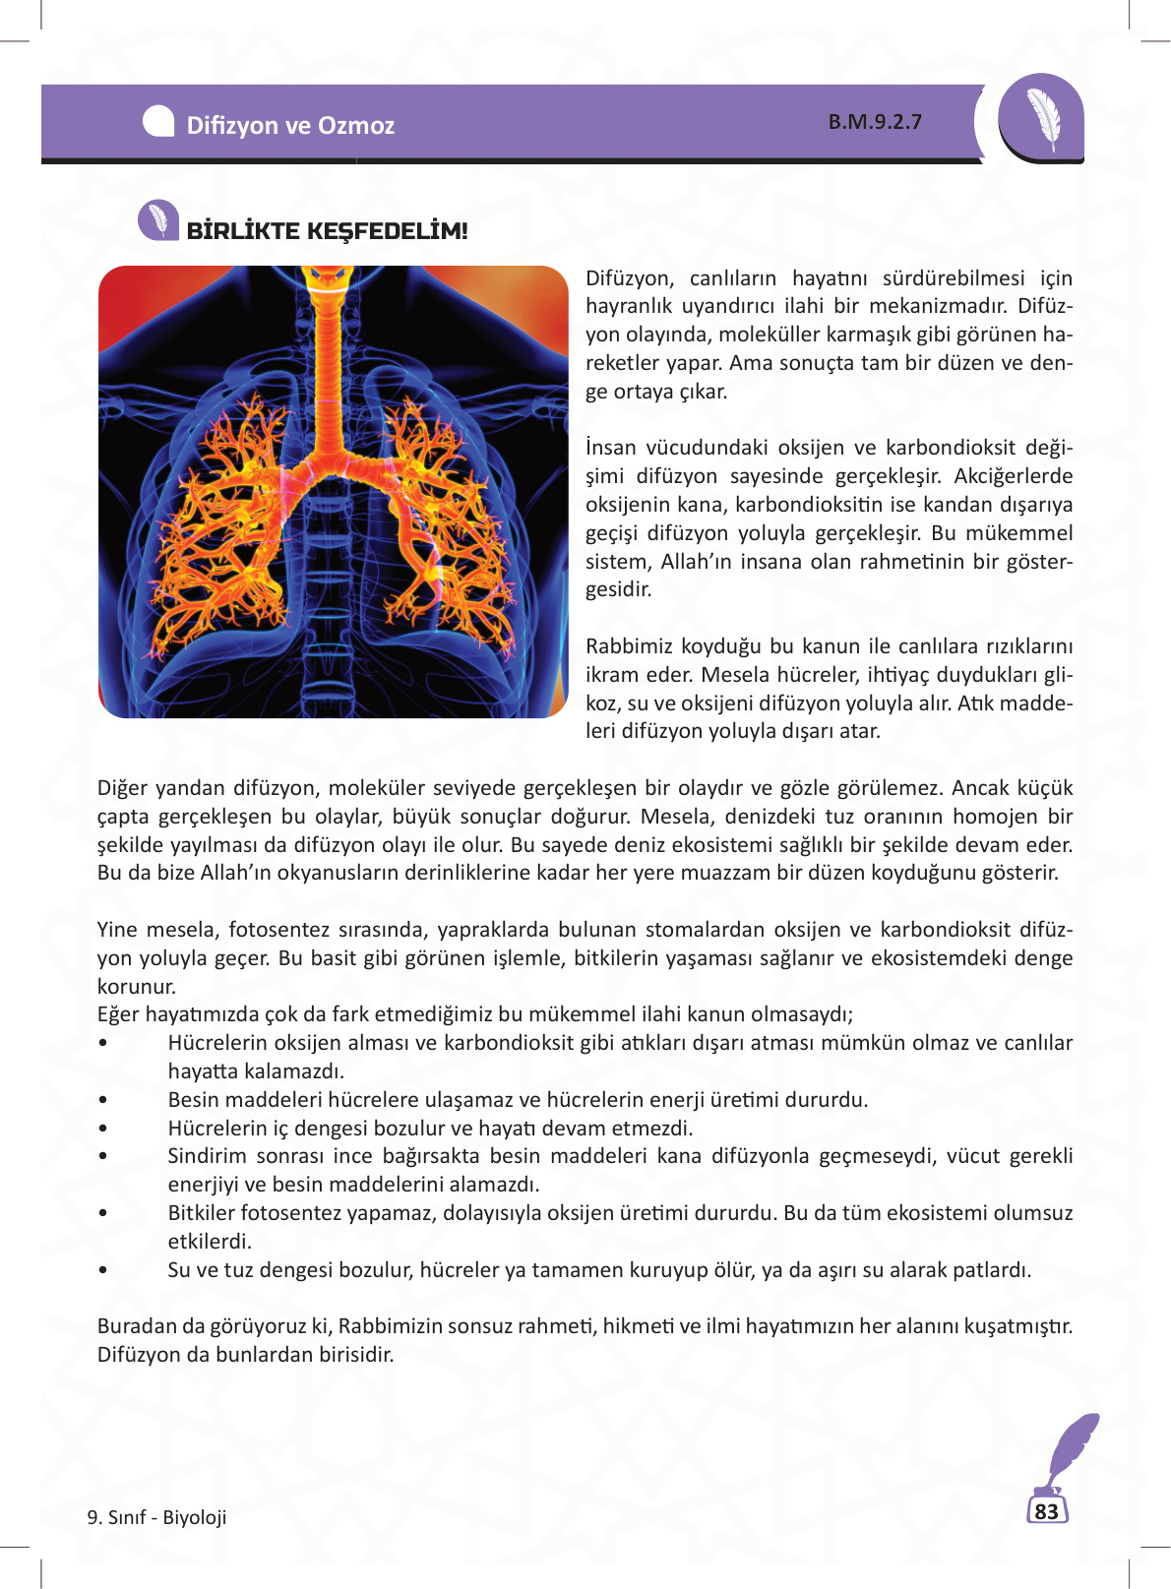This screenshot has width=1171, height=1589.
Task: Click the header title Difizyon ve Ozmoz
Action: tap(290, 125)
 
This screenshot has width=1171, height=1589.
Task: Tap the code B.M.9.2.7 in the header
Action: tap(875, 122)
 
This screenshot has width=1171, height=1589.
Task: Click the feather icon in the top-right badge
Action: tap(1042, 117)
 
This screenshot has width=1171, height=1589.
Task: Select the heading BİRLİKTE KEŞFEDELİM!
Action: tap(328, 231)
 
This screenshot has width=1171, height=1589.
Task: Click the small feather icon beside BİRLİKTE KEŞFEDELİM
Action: tap(157, 220)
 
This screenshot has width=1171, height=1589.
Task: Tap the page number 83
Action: tap(1046, 1511)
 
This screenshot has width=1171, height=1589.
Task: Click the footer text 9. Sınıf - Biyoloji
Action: tap(157, 1517)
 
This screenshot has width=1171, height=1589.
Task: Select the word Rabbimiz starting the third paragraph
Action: tap(625, 646)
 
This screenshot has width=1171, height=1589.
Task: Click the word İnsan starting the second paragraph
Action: tap(611, 448)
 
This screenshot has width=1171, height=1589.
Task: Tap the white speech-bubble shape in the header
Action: tap(158, 121)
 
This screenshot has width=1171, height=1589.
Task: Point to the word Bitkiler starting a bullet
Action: tap(201, 1213)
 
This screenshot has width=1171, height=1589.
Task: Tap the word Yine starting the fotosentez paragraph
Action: tap(115, 930)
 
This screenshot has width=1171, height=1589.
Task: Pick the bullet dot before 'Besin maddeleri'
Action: tap(103, 1101)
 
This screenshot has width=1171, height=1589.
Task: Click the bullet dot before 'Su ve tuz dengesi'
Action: tap(103, 1271)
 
